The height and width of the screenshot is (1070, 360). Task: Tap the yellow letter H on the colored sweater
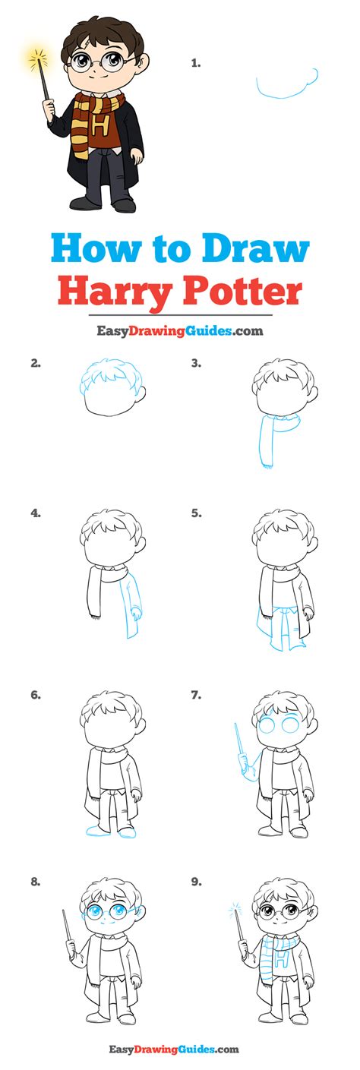click(99, 127)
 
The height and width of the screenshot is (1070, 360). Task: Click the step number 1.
click(195, 62)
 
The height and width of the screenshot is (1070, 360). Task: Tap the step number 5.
click(196, 513)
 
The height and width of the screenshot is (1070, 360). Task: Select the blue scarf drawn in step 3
click(274, 437)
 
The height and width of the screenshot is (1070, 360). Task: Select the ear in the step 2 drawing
click(141, 391)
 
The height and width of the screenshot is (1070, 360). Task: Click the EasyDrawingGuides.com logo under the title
click(180, 330)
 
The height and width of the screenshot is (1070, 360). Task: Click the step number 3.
click(196, 363)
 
